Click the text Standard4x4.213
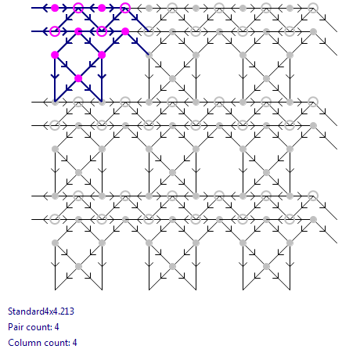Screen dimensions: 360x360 41,311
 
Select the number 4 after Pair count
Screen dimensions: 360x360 56,327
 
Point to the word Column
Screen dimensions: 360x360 21,343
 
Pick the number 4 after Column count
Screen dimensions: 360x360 74,343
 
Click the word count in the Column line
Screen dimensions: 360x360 54,343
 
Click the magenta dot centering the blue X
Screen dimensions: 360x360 78,78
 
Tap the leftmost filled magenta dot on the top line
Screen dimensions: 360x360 55,8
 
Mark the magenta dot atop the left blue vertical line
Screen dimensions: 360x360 55,55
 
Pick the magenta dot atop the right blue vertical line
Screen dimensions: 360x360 102,55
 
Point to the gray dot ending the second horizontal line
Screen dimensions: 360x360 313,31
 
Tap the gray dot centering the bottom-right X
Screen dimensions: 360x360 266,266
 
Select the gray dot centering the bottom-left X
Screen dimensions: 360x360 78,266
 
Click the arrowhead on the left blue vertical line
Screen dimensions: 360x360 55,77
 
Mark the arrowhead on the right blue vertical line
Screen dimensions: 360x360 102,77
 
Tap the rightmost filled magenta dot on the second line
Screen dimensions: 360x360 125,31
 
